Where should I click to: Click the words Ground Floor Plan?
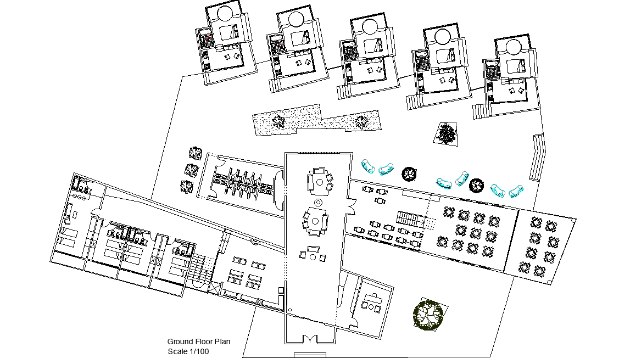(198, 341)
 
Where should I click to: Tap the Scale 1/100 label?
(188, 351)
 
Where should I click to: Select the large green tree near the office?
(428, 315)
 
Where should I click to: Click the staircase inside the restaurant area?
(412, 220)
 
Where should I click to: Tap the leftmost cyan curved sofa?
(367, 166)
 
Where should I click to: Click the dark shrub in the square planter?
(447, 133)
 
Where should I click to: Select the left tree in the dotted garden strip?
(279, 121)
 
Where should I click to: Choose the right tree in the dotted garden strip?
(360, 122)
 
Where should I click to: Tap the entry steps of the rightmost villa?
(479, 110)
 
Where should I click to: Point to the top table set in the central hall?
(319, 182)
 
